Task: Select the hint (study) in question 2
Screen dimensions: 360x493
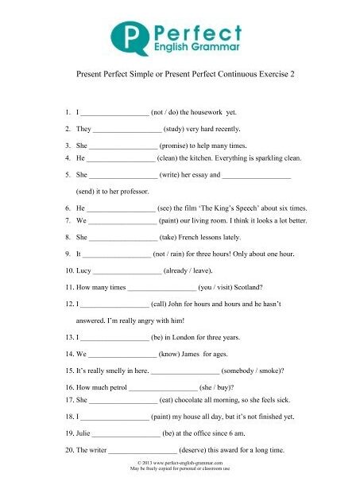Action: pos(180,128)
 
